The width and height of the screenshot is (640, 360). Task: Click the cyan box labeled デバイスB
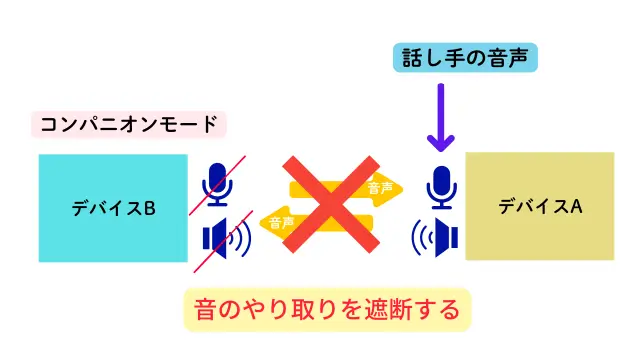[113, 208]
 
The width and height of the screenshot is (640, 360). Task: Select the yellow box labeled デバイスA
[539, 206]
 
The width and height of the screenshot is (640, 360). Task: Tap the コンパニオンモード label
[129, 125]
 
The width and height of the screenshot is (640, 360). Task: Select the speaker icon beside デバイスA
[436, 238]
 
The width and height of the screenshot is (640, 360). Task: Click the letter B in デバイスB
[149, 209]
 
